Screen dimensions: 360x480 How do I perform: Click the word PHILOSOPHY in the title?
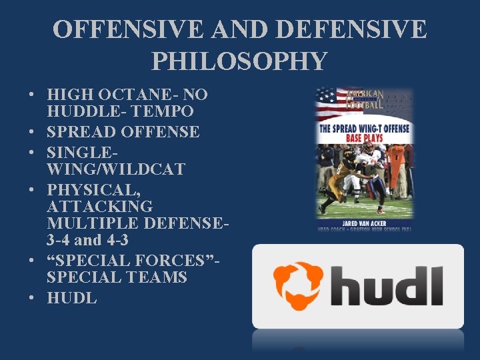pyautogui.click(x=239, y=61)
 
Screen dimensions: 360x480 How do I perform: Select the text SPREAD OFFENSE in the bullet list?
pyautogui.click(x=123, y=132)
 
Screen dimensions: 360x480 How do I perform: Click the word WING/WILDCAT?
pyautogui.click(x=115, y=169)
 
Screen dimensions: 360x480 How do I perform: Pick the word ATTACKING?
pyautogui.click(x=99, y=207)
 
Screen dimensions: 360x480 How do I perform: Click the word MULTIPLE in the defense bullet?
pyautogui.click(x=89, y=223)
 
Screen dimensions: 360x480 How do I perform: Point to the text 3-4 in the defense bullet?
pyautogui.click(x=58, y=240)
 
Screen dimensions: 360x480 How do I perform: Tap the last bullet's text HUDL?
pyautogui.click(x=71, y=298)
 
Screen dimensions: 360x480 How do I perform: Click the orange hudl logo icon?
pyautogui.click(x=298, y=285)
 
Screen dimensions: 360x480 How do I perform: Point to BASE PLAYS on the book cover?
pyautogui.click(x=363, y=138)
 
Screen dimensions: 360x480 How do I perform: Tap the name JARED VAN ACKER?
pyautogui.click(x=364, y=223)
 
